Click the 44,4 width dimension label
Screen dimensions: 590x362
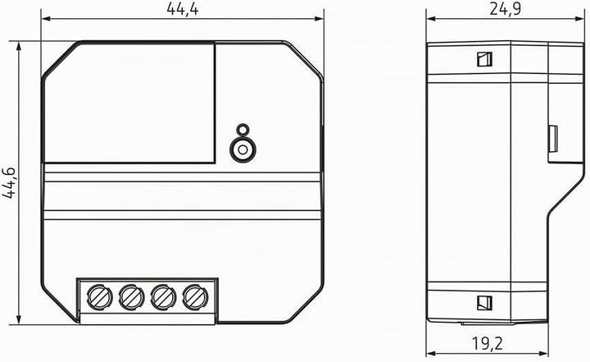pyautogui.click(x=183, y=8)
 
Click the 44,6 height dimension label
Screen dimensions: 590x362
pyautogui.click(x=9, y=182)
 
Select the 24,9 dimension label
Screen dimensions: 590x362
pyautogui.click(x=506, y=8)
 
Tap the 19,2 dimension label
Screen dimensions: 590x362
pyautogui.click(x=487, y=343)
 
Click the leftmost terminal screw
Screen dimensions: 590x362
pyautogui.click(x=99, y=297)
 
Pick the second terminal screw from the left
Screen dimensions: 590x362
pyautogui.click(x=131, y=297)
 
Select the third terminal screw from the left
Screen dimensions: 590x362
pyautogui.click(x=163, y=297)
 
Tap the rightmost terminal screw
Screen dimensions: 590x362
pyautogui.click(x=195, y=297)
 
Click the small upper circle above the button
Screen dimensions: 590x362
pyautogui.click(x=243, y=130)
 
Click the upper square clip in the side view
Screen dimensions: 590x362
pyautogui.click(x=484, y=59)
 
